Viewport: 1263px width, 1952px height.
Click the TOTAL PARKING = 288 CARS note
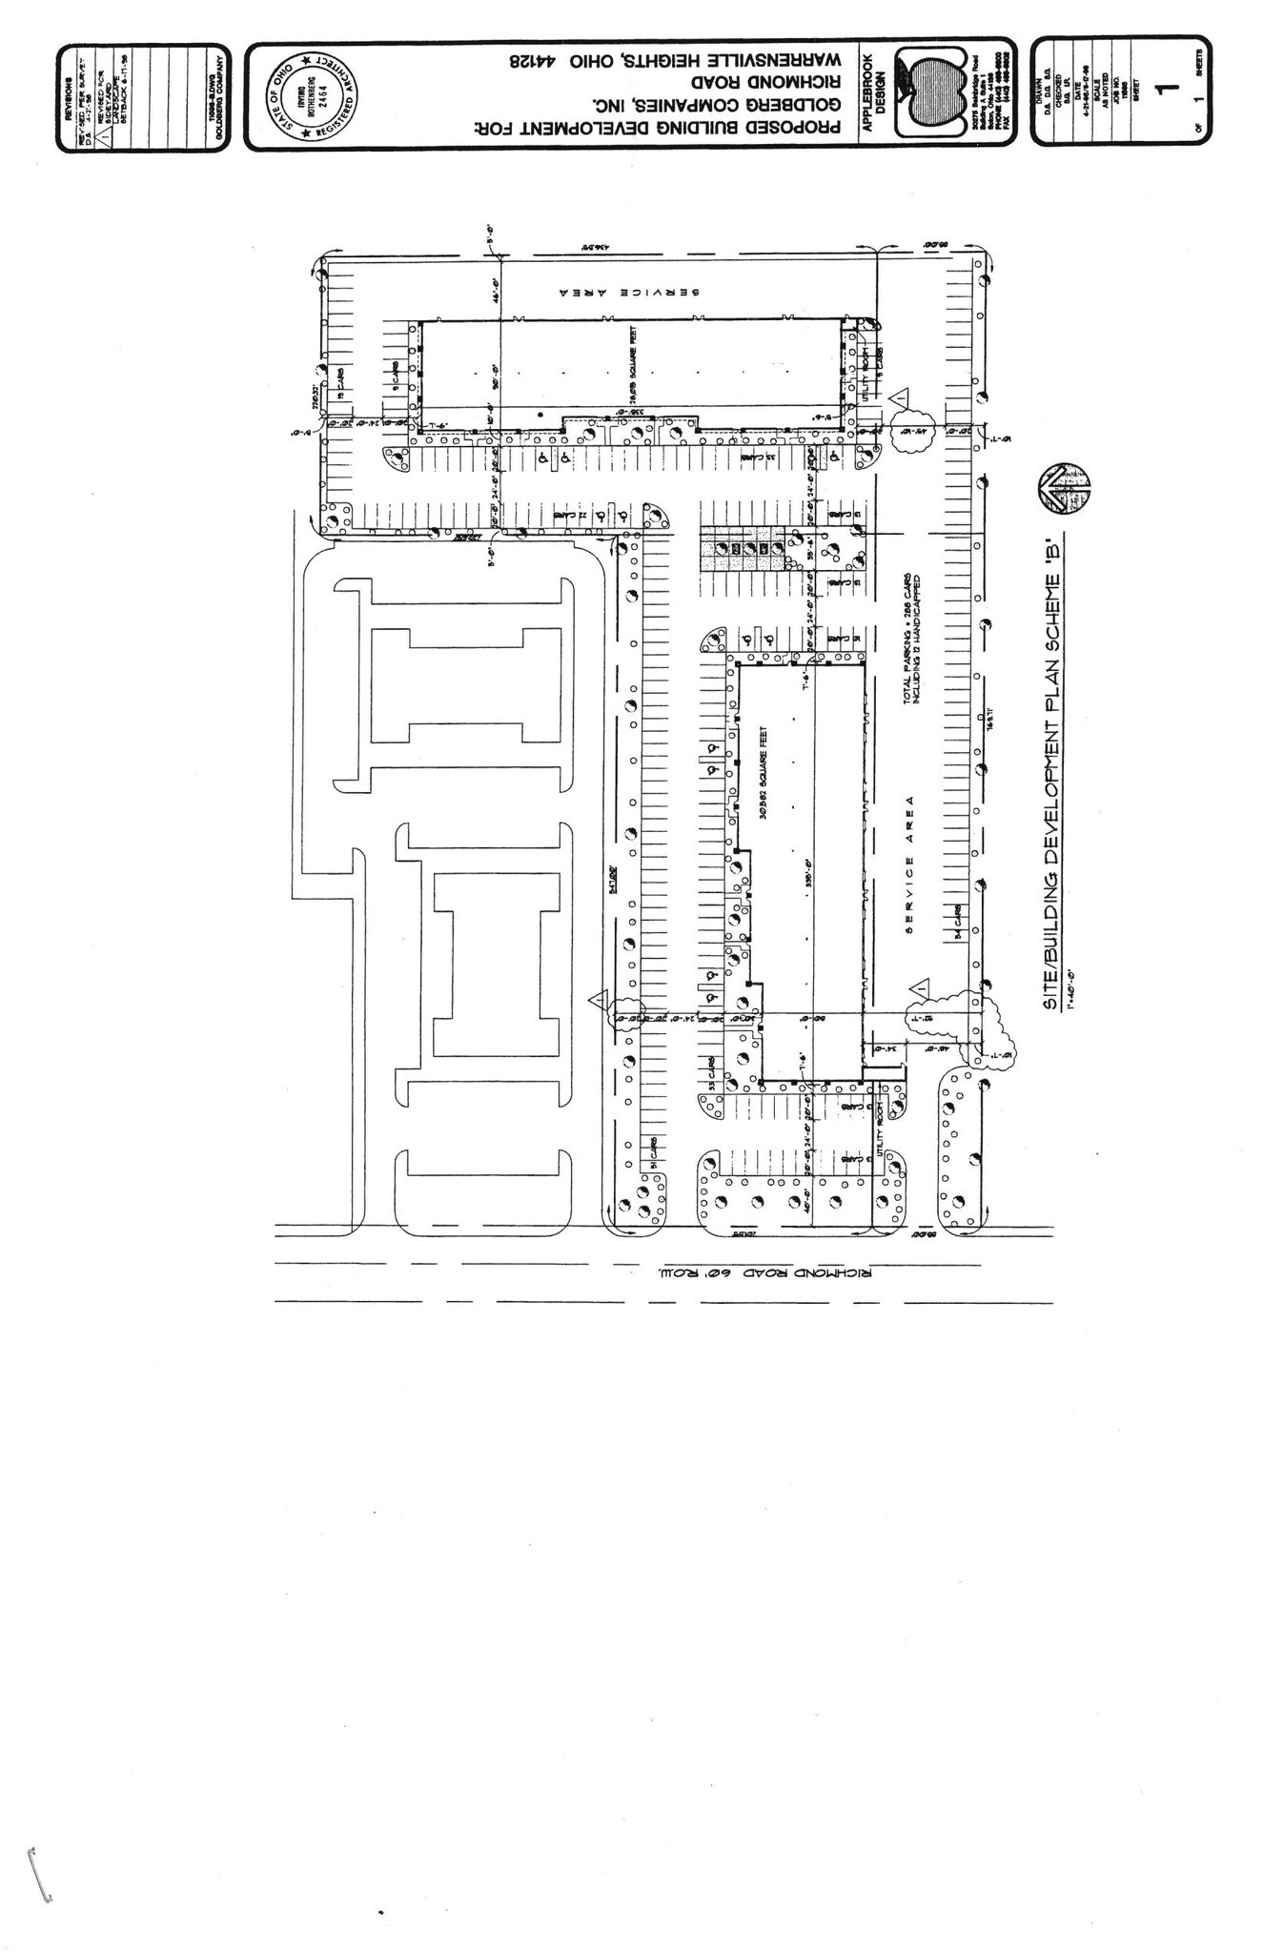(907, 637)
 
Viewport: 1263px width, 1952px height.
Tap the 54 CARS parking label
(958, 922)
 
